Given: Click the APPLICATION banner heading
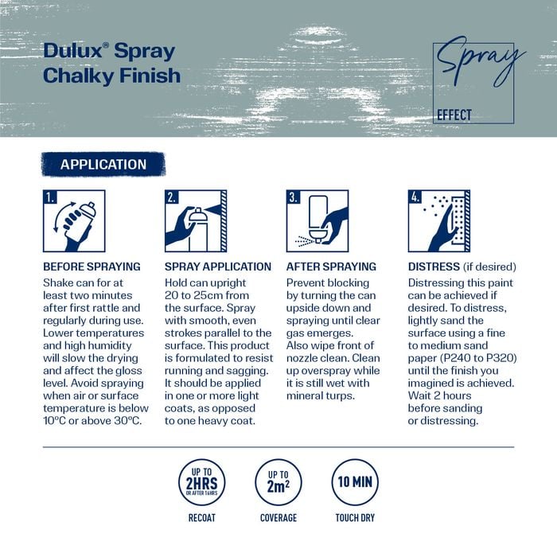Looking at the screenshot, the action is click(103, 165).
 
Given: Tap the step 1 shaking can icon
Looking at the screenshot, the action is click(74, 221).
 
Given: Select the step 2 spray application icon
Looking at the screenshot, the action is click(196, 221).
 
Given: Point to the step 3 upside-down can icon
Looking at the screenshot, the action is click(317, 221).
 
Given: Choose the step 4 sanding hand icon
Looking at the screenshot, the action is click(439, 221).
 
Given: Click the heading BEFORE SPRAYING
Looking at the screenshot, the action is click(92, 267).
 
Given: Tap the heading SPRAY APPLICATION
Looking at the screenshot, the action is click(218, 267).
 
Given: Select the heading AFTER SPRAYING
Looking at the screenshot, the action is click(331, 267).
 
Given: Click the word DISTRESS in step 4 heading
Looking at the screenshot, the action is click(434, 267).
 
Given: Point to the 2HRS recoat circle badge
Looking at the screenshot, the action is click(202, 482).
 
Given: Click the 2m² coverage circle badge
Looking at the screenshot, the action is click(278, 482).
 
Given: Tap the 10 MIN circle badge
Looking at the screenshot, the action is click(355, 482).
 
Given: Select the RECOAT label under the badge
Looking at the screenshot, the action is click(202, 518).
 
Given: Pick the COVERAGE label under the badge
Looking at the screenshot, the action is click(278, 518).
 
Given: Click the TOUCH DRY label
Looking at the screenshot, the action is click(355, 518).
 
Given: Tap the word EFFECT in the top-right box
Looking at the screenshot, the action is click(454, 115).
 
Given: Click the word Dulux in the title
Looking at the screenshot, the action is click(73, 51).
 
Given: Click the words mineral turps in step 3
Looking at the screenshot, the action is click(321, 395).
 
